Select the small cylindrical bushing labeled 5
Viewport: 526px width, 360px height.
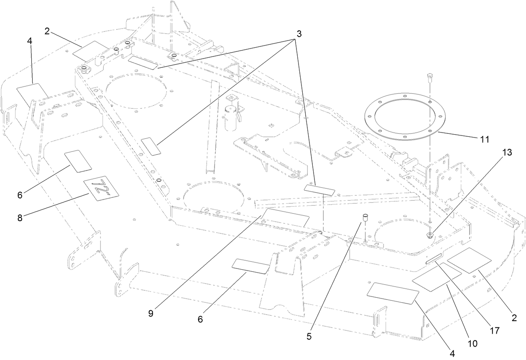click(365, 218)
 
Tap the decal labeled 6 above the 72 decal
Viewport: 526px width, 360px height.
click(78, 161)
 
